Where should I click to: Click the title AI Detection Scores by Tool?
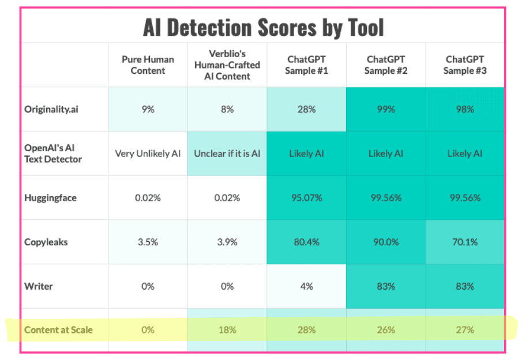263,28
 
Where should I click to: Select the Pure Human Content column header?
148,65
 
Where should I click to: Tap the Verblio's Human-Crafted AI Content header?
227,65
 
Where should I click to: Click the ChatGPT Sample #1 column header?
307,65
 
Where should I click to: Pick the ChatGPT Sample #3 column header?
465,65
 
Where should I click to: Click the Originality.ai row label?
51,109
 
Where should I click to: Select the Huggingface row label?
51,198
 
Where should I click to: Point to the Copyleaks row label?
46,242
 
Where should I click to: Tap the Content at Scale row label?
58,330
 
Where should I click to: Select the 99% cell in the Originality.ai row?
386,109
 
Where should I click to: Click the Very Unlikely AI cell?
148,153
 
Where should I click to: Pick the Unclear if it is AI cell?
227,153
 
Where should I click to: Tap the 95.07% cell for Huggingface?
307,198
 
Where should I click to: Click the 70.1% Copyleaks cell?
465,242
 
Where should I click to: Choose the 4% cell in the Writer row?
307,286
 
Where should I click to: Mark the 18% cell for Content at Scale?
227,330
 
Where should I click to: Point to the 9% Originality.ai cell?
148,109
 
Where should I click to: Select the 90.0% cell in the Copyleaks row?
386,242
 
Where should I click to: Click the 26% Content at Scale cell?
386,330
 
